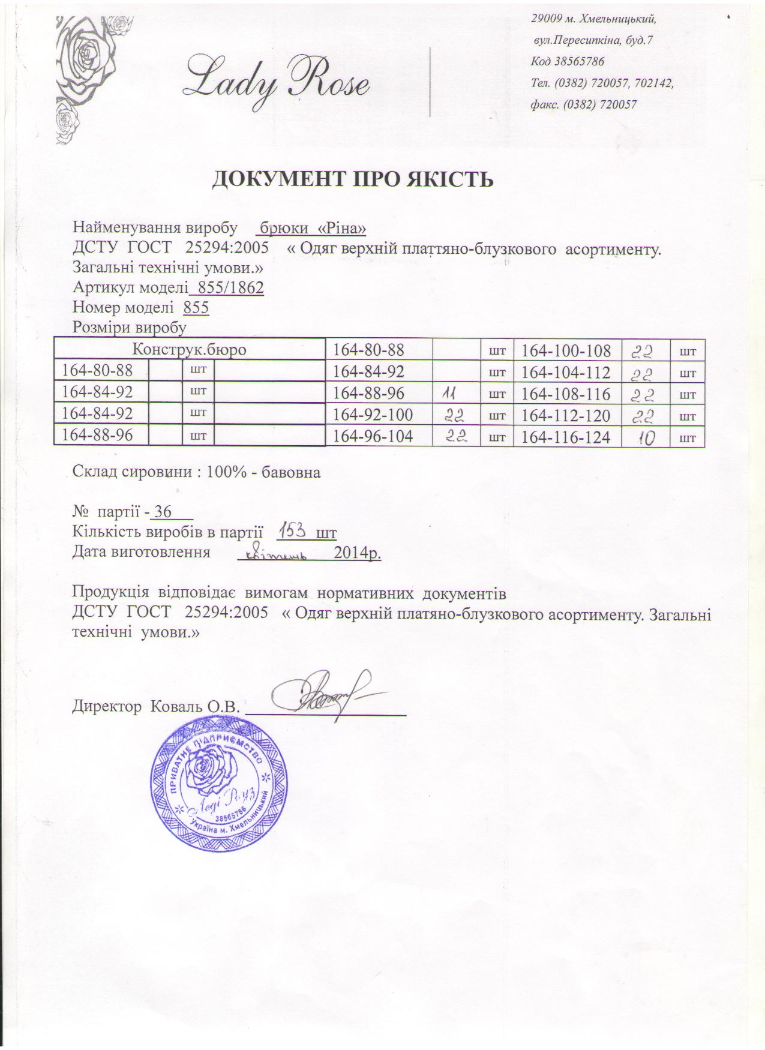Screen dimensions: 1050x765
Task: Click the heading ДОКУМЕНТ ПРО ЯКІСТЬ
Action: tap(354, 179)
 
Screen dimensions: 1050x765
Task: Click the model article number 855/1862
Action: tap(227, 288)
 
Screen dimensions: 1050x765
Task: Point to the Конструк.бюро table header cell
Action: tap(190, 349)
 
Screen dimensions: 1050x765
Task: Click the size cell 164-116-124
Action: tap(566, 438)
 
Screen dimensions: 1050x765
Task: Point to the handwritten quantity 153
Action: tap(293, 531)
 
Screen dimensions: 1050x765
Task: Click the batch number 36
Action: tap(163, 512)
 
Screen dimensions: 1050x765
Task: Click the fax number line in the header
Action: tap(583, 104)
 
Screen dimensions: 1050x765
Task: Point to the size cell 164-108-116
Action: tap(566, 394)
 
